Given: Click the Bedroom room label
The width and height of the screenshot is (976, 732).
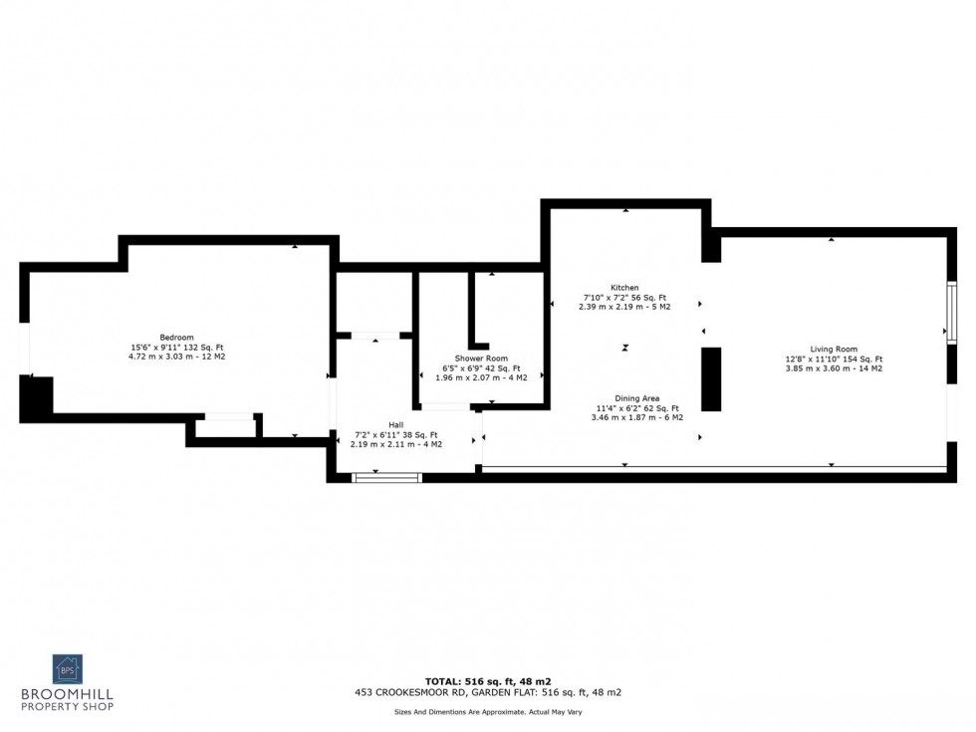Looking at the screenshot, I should tap(177, 337).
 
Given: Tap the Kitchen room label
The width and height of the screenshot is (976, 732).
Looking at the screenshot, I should tap(624, 288).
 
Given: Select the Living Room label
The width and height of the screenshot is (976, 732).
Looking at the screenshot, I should tap(834, 350).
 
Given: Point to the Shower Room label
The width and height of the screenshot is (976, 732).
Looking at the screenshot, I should tap(481, 359).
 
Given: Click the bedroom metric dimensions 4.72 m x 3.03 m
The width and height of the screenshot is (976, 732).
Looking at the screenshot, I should tap(177, 356).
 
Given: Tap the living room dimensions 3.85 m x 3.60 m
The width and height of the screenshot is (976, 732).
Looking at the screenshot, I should tap(834, 368).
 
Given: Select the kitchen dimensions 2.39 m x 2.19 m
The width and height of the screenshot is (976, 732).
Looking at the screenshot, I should tap(624, 307).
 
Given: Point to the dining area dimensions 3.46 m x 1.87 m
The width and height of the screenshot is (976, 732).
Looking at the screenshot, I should tap(636, 417).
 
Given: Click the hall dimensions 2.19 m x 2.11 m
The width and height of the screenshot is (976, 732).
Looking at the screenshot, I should tap(395, 443).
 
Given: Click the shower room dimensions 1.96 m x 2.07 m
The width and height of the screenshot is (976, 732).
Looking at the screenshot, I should tap(481, 377).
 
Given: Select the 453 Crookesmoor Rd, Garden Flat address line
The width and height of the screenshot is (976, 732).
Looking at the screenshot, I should tap(487, 692).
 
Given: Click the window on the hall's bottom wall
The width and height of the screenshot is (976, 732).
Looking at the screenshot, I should tap(387, 478).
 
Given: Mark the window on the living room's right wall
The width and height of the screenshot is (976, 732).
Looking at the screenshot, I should tap(951, 314).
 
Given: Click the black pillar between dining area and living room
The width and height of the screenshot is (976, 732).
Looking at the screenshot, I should tap(711, 378).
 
